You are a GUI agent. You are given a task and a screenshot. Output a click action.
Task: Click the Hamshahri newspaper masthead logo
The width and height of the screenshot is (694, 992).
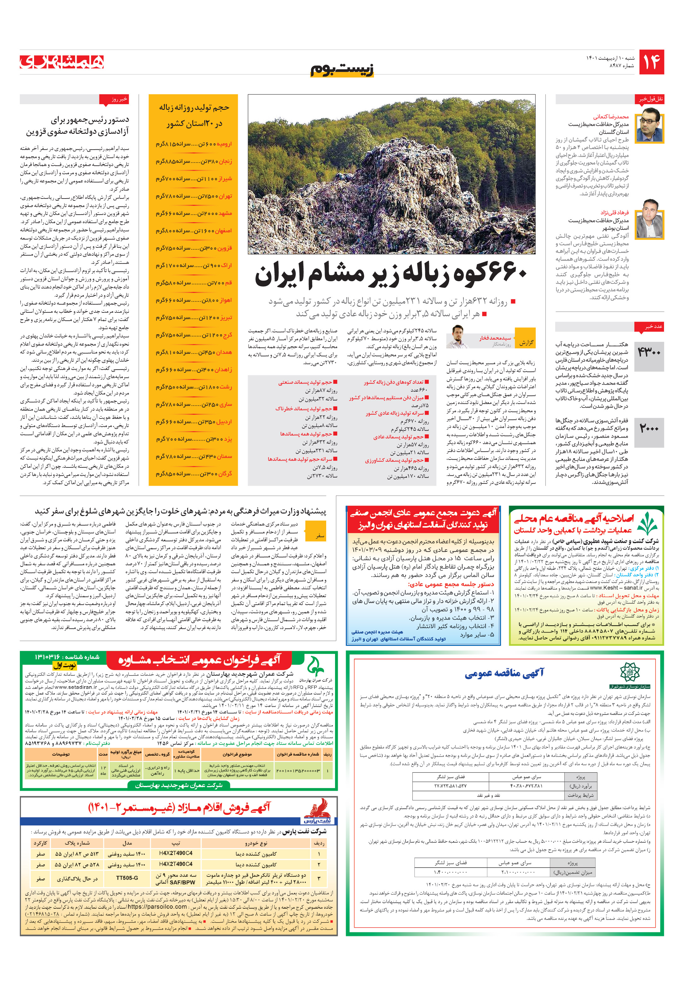pos(62,62)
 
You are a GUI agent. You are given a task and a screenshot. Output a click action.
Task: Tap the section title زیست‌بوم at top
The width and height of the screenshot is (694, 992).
pos(342,69)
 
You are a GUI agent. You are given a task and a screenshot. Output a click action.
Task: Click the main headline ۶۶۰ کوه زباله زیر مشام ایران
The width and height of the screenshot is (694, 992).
pos(391,275)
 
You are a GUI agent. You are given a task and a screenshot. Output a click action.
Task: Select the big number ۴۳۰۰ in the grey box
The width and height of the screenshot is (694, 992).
pos(649,353)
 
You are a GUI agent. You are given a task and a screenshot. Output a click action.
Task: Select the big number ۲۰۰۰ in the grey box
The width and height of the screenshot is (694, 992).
pos(649,429)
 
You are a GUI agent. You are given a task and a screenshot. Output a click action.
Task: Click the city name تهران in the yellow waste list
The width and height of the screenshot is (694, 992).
pos(225,196)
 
